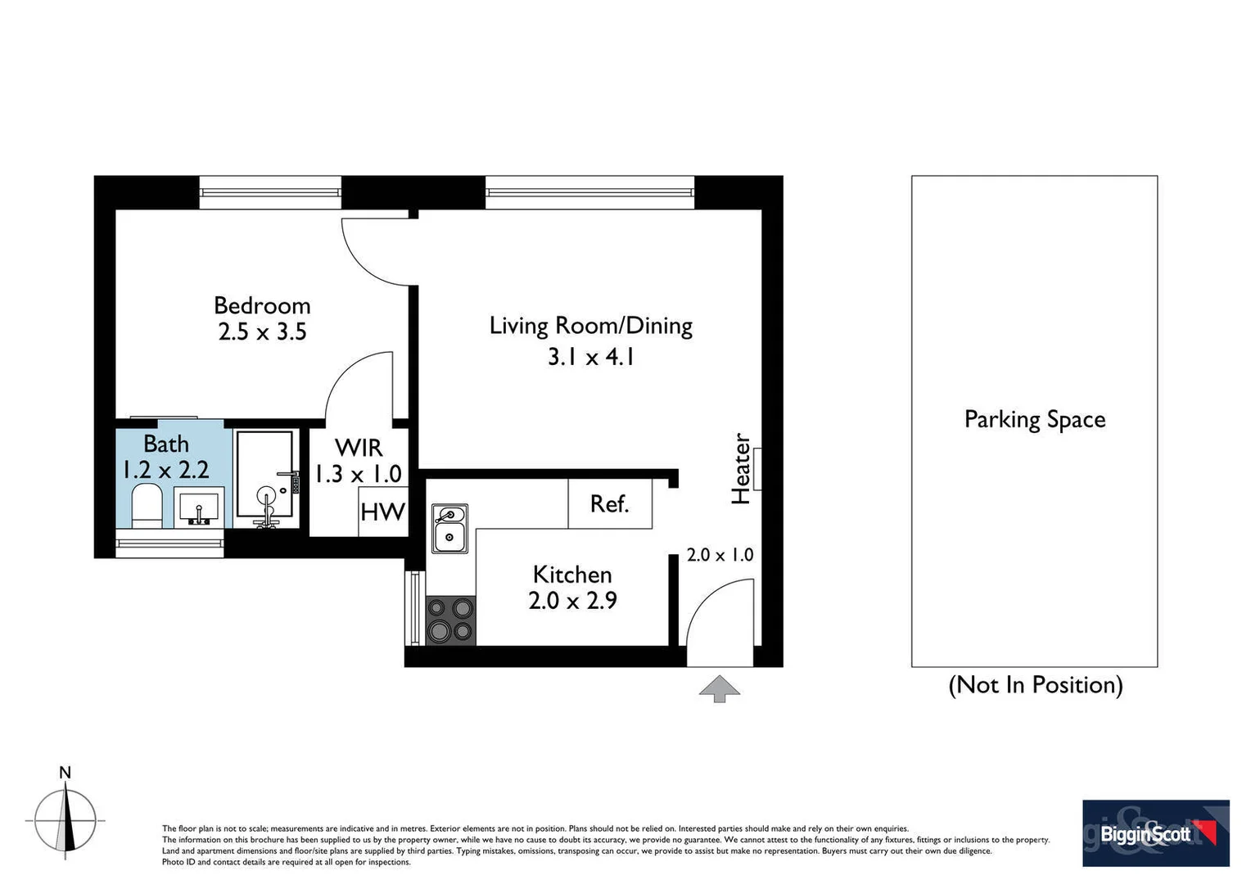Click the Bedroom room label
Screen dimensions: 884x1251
coord(262,305)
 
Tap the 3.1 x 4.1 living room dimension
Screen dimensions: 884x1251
coord(590,357)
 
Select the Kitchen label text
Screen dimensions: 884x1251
coord(571,575)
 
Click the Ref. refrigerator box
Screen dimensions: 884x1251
coord(610,503)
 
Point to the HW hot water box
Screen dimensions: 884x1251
coord(382,512)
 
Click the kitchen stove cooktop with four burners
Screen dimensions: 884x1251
coord(450,620)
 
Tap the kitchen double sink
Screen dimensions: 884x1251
coord(449,529)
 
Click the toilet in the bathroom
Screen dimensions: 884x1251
coord(147,505)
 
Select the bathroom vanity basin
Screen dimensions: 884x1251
coord(198,507)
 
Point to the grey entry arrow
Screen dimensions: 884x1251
coord(719,688)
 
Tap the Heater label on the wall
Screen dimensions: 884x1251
coord(741,468)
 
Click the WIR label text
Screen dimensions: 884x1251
coord(359,448)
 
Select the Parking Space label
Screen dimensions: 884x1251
coord(1034,419)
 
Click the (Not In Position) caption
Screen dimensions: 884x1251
coord(1035,684)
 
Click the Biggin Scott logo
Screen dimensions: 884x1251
coord(1155,833)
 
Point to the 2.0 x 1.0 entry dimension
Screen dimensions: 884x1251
coord(720,555)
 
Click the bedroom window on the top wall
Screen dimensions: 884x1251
coord(270,192)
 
